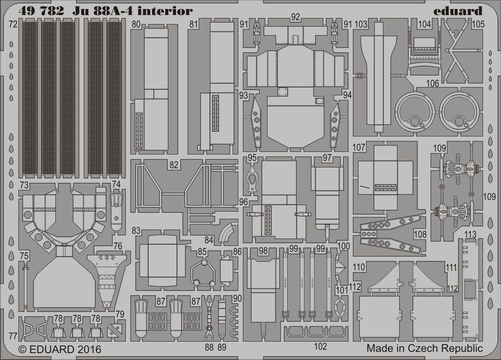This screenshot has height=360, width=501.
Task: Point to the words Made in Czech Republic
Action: click(424, 347)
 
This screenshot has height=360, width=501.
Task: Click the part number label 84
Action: click(209, 240)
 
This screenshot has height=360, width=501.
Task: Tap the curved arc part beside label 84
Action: click(228, 233)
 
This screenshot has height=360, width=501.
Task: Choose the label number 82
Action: click(174, 165)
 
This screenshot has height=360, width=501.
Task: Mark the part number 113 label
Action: click(470, 234)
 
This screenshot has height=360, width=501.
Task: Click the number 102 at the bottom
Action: click(321, 345)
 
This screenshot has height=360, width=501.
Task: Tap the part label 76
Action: click(118, 246)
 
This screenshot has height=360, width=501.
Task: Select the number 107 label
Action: click(359, 148)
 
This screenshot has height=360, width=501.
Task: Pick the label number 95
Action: click(252, 158)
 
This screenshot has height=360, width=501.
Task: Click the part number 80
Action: click(136, 24)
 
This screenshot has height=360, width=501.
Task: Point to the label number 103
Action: click(361, 24)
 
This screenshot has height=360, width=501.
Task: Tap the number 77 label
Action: click(13, 335)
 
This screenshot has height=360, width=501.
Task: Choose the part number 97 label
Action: click(327, 158)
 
